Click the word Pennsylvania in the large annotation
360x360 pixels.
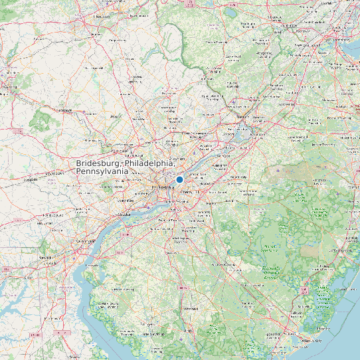pyautogui.click(x=102, y=171)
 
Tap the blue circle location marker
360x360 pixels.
pyautogui.click(x=179, y=179)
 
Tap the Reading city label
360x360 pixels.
pyautogui.click(x=10, y=86)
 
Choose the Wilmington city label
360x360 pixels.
pyautogui.click(x=87, y=240)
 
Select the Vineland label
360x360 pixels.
pyautogui.click(x=191, y=309)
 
